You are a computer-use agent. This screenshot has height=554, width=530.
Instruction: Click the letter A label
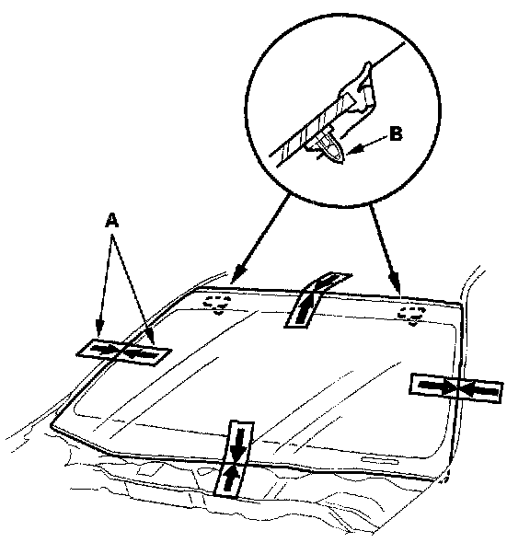coord(112,221)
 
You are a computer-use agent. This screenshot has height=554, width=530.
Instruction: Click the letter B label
coord(396,134)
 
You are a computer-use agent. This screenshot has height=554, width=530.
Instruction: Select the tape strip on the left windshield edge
coord(124,352)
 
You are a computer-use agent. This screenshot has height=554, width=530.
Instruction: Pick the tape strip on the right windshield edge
coord(456,388)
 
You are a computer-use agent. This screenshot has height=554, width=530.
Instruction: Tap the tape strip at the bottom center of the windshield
coord(235,459)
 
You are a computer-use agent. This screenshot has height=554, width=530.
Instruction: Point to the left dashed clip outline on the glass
coord(218,305)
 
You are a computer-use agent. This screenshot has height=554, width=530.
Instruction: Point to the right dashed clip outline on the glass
coord(412,316)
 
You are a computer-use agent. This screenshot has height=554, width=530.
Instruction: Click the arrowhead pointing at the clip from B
coord(354,149)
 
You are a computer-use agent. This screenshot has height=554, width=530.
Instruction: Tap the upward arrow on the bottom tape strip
coord(230,477)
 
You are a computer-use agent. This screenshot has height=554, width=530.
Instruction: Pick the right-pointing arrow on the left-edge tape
coord(105,349)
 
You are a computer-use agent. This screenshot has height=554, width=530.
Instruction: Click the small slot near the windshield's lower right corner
coord(380,460)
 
